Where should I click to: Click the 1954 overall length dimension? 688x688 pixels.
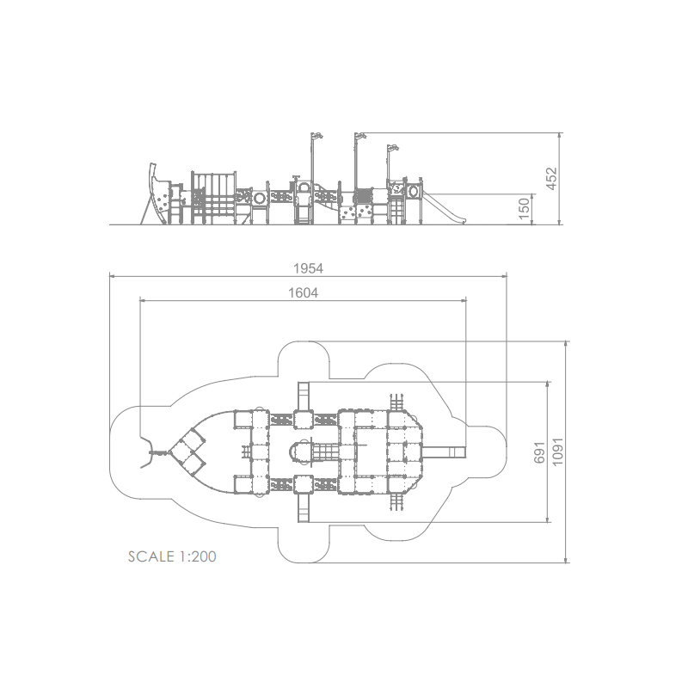308,268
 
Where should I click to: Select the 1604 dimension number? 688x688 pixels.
303,292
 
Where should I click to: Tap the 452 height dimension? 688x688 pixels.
551,179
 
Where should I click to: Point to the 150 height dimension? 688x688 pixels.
524,209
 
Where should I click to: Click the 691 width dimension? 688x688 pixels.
539,452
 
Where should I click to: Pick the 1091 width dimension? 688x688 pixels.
557,451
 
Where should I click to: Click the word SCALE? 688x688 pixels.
151,556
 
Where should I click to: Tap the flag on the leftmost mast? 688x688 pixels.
317,136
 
